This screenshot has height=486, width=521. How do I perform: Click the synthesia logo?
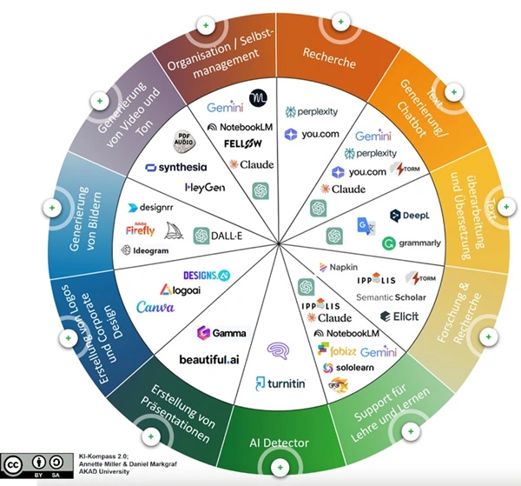coord(175,167)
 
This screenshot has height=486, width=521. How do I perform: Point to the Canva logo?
coord(155,306)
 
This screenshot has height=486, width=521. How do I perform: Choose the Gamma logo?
coord(221,332)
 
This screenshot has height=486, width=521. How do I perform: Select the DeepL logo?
coord(406,215)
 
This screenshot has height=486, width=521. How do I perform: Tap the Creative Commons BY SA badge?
coord(36,465)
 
